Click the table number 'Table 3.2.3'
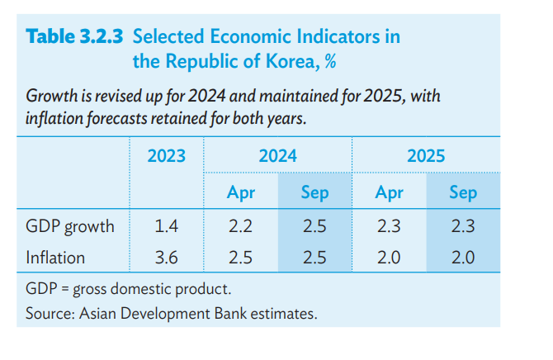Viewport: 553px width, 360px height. pyautogui.click(x=76, y=37)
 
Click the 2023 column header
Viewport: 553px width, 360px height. pyautogui.click(x=166, y=155)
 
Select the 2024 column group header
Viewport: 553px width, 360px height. pyautogui.click(x=277, y=155)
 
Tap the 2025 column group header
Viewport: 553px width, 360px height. pyautogui.click(x=425, y=155)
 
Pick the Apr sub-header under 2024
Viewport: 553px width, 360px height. pyautogui.click(x=240, y=193)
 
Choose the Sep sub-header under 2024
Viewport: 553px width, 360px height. pyautogui.click(x=314, y=193)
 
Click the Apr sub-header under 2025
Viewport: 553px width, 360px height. pyautogui.click(x=389, y=193)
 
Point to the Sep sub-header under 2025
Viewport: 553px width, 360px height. pyautogui.click(x=463, y=193)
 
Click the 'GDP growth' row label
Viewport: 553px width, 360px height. pyautogui.click(x=69, y=226)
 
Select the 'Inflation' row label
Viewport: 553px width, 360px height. pyautogui.click(x=55, y=258)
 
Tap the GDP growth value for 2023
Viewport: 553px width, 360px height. pyautogui.click(x=166, y=226)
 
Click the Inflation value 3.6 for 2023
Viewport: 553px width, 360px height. pyautogui.click(x=166, y=258)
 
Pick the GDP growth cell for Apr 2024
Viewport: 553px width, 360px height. pyautogui.click(x=240, y=226)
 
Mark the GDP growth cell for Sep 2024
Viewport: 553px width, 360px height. pyautogui.click(x=314, y=226)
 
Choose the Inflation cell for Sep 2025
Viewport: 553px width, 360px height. pyautogui.click(x=463, y=258)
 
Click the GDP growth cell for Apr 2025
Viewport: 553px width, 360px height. pyautogui.click(x=389, y=226)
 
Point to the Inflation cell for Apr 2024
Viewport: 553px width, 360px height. pyautogui.click(x=240, y=258)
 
